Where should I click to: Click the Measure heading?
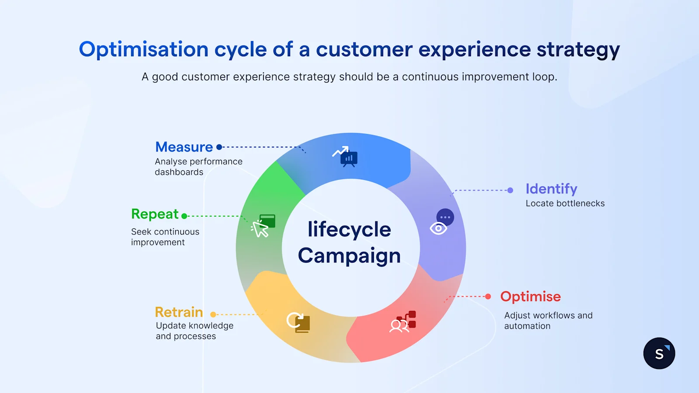pos(184,147)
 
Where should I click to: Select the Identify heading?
pos(551,189)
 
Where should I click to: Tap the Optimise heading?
pos(530,296)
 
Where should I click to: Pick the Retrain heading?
pos(179,312)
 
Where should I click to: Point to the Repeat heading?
pos(155,214)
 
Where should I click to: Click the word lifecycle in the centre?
pos(349,229)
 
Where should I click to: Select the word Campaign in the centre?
pos(349,255)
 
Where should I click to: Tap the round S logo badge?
pos(659,353)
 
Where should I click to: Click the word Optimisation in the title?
pos(143,49)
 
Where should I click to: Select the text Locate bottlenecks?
pos(565,203)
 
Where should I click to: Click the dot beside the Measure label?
pos(219,147)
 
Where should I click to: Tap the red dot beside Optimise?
pos(488,296)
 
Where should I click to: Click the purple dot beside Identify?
pos(510,190)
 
